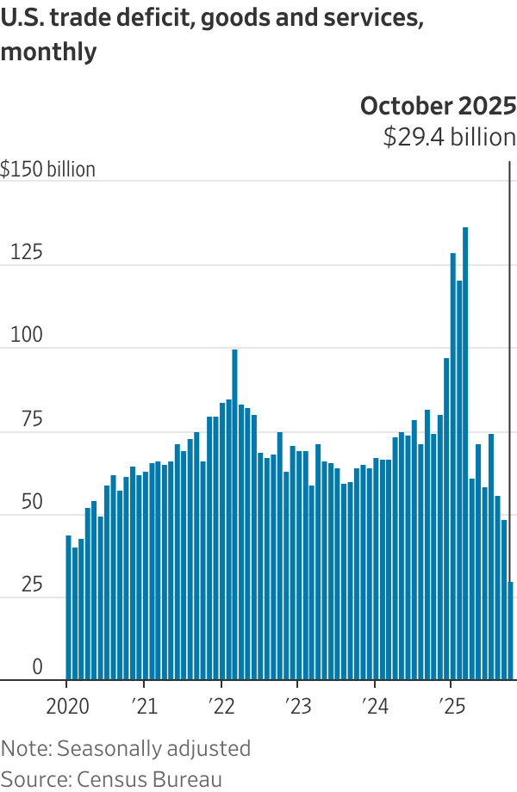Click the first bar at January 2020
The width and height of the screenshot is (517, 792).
click(69, 607)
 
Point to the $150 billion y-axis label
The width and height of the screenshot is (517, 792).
click(48, 170)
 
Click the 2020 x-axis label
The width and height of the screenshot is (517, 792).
click(66, 707)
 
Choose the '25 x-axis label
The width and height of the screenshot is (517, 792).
click(450, 707)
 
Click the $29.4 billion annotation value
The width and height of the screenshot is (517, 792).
click(449, 137)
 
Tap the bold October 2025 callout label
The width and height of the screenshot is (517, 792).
click(438, 106)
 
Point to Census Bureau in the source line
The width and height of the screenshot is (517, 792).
click(150, 779)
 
